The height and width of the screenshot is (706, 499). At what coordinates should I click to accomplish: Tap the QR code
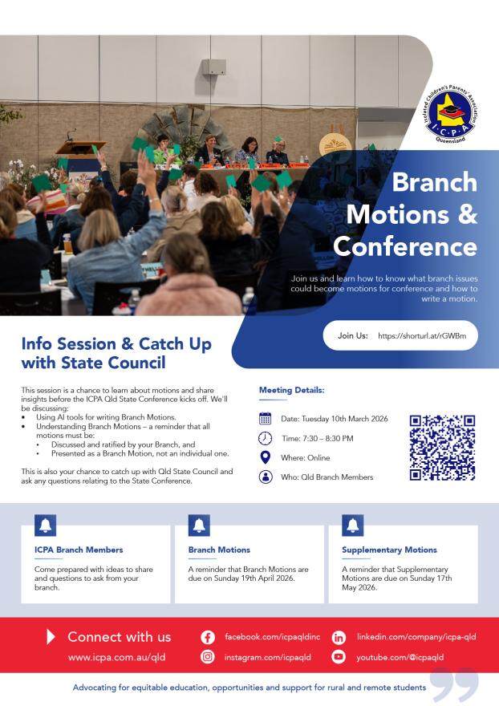coord(442,448)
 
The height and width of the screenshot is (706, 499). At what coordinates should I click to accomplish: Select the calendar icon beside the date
coord(266,419)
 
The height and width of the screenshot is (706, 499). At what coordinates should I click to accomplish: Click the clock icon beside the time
coord(266,438)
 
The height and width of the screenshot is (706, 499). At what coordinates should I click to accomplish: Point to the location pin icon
coord(266,457)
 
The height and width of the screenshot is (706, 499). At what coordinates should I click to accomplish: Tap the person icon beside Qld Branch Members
coord(266,477)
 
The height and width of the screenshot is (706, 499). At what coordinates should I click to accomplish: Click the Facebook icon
coord(209,637)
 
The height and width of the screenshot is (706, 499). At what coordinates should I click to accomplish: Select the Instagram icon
coord(209,658)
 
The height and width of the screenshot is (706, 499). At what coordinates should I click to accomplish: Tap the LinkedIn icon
coord(339,637)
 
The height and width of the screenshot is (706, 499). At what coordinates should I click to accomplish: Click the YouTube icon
coord(339,658)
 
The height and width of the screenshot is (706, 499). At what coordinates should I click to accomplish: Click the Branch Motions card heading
coord(219,550)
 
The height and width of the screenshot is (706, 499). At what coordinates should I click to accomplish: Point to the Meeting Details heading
coord(291,390)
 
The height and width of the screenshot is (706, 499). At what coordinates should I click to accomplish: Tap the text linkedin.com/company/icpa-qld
coord(416,637)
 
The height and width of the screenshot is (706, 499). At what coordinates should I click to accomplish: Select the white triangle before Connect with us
coord(52,637)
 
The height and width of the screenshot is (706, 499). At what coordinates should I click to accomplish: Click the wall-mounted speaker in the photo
coord(213,67)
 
